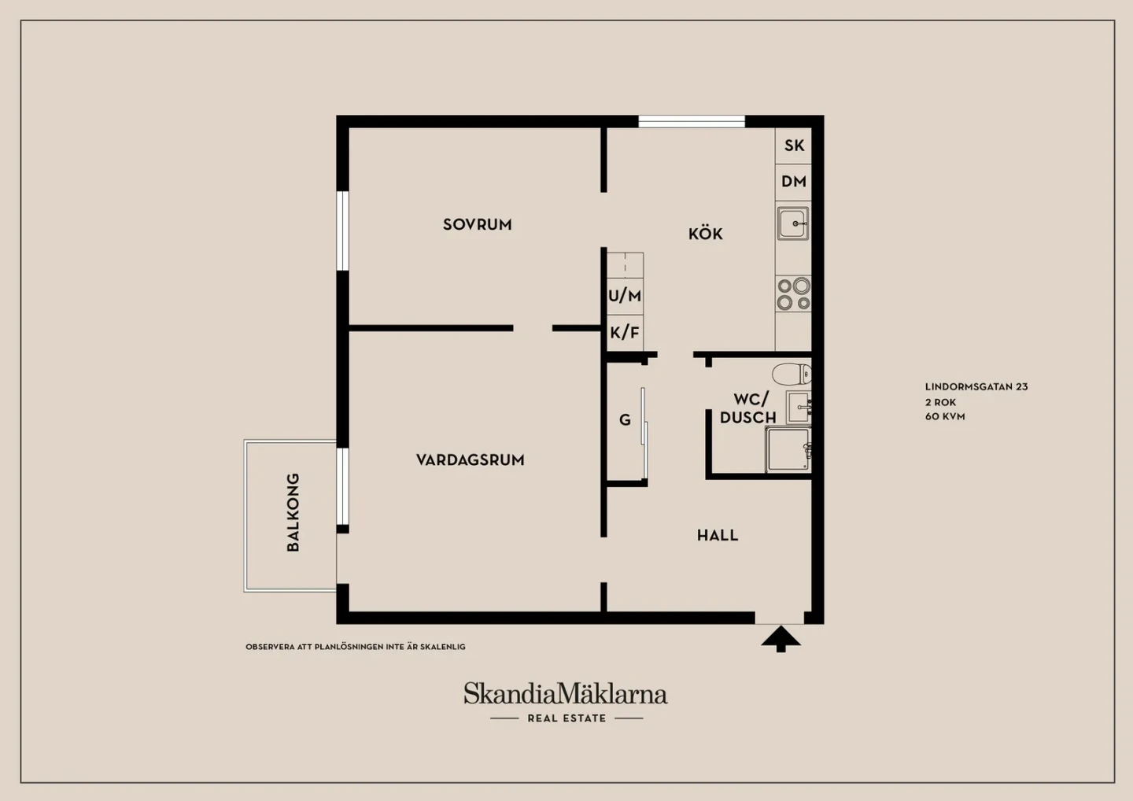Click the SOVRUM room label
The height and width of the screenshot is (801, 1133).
(477, 224)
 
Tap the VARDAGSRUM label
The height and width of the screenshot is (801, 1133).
(470, 460)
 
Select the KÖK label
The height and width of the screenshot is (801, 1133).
(706, 233)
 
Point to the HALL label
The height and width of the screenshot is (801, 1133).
(718, 535)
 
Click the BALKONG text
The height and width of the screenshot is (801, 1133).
(293, 511)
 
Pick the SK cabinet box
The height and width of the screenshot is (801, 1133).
(793, 146)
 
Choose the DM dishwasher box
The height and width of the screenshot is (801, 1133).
(793, 182)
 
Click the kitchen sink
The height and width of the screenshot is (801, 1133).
(793, 223)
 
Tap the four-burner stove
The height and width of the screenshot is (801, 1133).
(793, 293)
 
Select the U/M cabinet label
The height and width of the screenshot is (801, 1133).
(625, 296)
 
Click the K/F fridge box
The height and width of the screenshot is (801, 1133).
(625, 333)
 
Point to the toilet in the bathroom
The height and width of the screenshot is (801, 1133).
(792, 375)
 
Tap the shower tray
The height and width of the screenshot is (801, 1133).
(788, 449)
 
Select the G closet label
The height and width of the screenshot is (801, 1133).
(626, 419)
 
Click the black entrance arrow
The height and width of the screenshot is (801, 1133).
(781, 639)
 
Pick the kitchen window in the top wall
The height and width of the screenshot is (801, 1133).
(692, 121)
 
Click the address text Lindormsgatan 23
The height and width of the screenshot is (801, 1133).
(976, 387)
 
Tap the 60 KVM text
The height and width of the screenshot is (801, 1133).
(945, 417)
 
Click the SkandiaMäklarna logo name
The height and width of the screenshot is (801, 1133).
(566, 693)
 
